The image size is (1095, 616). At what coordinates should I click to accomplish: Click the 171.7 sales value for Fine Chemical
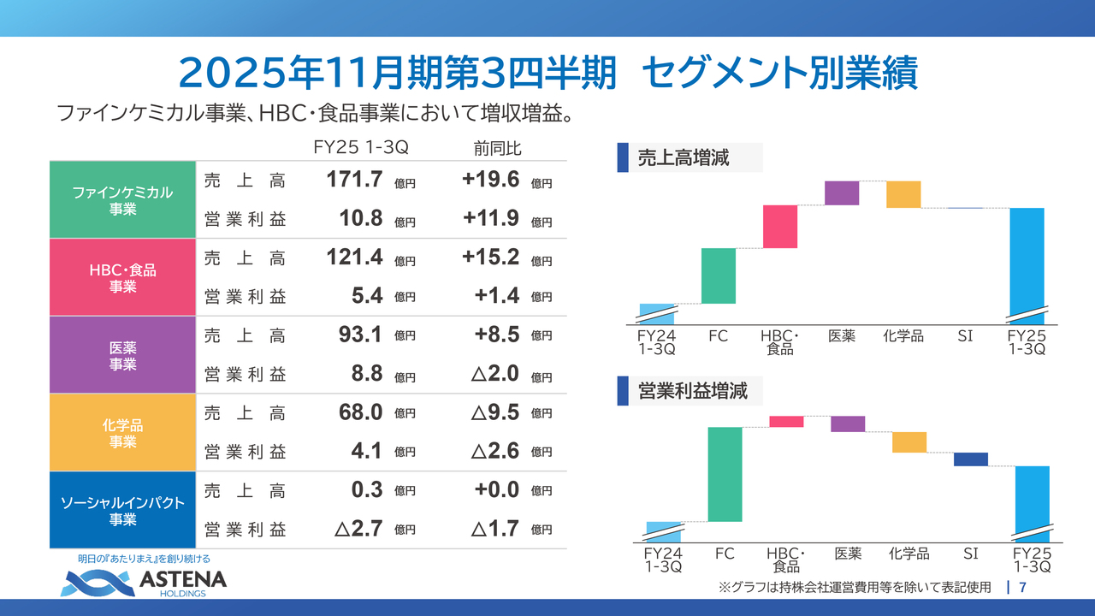tap(354, 181)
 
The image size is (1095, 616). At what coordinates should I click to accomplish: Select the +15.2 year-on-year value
tap(491, 258)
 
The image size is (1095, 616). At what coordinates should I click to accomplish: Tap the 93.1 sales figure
tap(359, 335)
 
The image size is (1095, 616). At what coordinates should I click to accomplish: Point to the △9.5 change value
tap(495, 412)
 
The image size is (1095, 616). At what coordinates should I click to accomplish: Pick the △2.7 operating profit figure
tap(358, 529)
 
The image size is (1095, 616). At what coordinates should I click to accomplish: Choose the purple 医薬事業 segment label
tap(123, 355)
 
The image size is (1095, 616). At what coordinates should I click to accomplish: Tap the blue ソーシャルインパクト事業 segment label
tap(123, 510)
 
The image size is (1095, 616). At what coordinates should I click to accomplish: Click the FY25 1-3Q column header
tap(361, 148)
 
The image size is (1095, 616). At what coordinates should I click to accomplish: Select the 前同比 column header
tap(497, 148)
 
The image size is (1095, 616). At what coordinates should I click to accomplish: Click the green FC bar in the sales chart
tap(718, 275)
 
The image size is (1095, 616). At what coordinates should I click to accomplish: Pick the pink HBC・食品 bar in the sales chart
tap(779, 227)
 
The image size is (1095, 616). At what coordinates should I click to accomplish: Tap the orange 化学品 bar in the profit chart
tap(909, 441)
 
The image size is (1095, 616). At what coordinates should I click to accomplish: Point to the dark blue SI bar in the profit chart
tap(971, 459)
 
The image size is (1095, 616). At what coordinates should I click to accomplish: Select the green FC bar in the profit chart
tap(725, 474)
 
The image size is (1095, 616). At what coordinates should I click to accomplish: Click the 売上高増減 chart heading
tap(683, 158)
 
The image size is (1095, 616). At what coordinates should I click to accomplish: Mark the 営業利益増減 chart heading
tap(692, 392)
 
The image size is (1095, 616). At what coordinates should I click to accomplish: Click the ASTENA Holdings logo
tap(144, 583)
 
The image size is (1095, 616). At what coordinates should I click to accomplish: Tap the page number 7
tap(1023, 588)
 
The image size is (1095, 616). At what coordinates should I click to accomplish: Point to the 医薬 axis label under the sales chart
tap(842, 336)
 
